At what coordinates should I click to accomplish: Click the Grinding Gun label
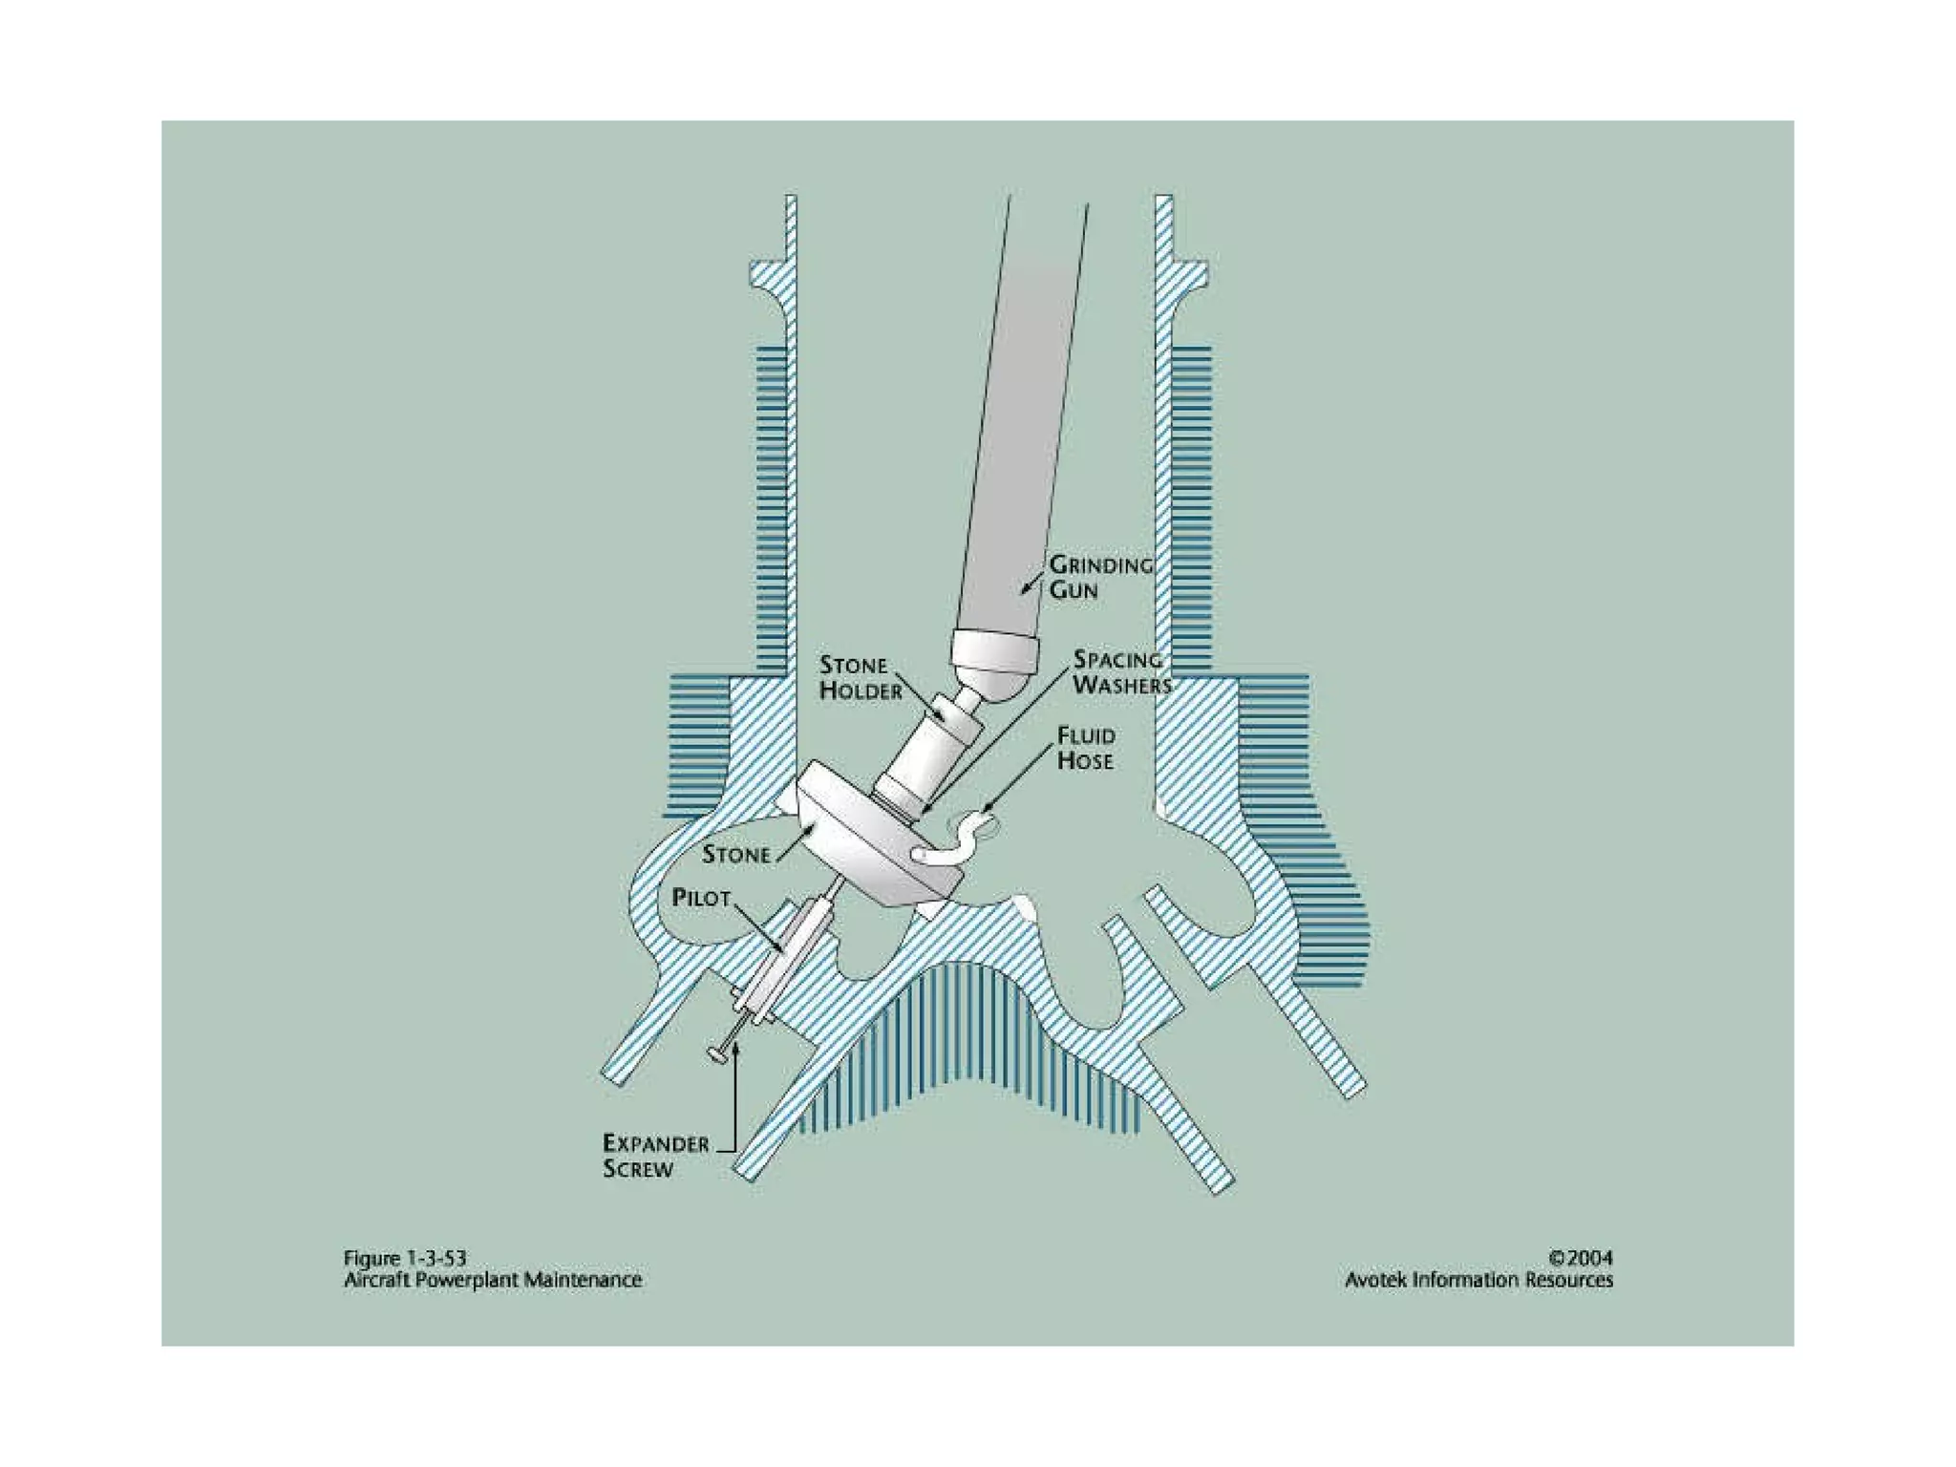coord(1100,577)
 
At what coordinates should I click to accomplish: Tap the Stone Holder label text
coord(860,678)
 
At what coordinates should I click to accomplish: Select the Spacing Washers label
coord(1121,672)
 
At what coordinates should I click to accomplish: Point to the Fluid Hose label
coord(1085,748)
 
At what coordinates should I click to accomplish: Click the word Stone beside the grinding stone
coord(736,855)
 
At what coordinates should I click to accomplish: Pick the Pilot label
coord(701,899)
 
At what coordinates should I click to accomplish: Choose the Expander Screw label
coord(655,1156)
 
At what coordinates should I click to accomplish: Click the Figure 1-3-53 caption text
coord(405,1258)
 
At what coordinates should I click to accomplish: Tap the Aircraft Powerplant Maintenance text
coord(492,1280)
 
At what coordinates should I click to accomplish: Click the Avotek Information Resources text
coord(1478,1280)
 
